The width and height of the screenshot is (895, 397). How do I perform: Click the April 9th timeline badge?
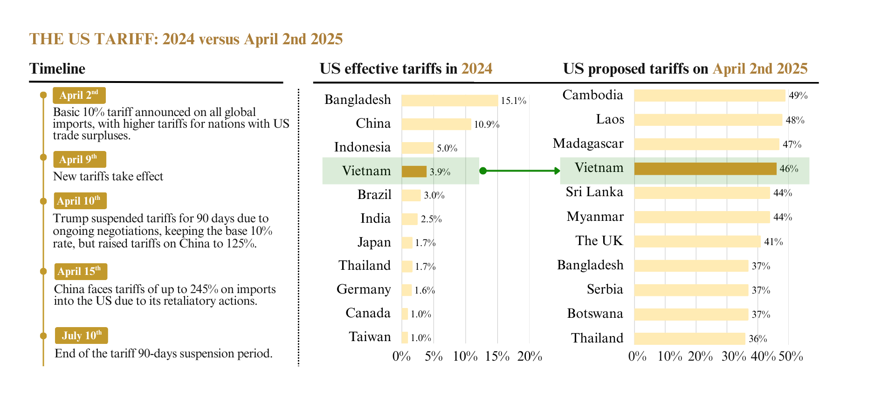pyautogui.click(x=79, y=159)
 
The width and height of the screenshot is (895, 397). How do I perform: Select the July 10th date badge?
pyautogui.click(x=82, y=335)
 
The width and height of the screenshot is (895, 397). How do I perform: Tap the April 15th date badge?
pyautogui.click(x=80, y=271)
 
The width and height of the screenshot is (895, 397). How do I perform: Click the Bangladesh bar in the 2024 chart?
pyautogui.click(x=449, y=101)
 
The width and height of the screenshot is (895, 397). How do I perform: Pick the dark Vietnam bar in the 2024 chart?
pyautogui.click(x=414, y=171)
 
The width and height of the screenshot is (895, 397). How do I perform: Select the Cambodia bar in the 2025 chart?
pyautogui.click(x=709, y=96)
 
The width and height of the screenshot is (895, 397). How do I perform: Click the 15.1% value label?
pyautogui.click(x=513, y=101)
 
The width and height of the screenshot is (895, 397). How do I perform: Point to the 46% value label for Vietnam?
pyautogui.click(x=789, y=169)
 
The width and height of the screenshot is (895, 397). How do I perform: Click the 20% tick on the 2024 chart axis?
pyautogui.click(x=530, y=356)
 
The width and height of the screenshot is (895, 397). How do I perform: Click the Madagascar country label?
pyautogui.click(x=588, y=144)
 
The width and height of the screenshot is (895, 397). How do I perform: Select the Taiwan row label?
pyautogui.click(x=370, y=336)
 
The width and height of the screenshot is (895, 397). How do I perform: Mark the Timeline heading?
pyautogui.click(x=57, y=69)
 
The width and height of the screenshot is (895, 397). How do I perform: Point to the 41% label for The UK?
pyautogui.click(x=773, y=242)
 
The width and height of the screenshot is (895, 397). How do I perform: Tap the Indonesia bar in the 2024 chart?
pyautogui.click(x=417, y=148)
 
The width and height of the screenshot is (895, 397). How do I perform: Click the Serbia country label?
pyautogui.click(x=605, y=289)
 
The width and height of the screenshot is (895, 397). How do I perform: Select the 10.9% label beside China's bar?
pyautogui.click(x=486, y=124)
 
